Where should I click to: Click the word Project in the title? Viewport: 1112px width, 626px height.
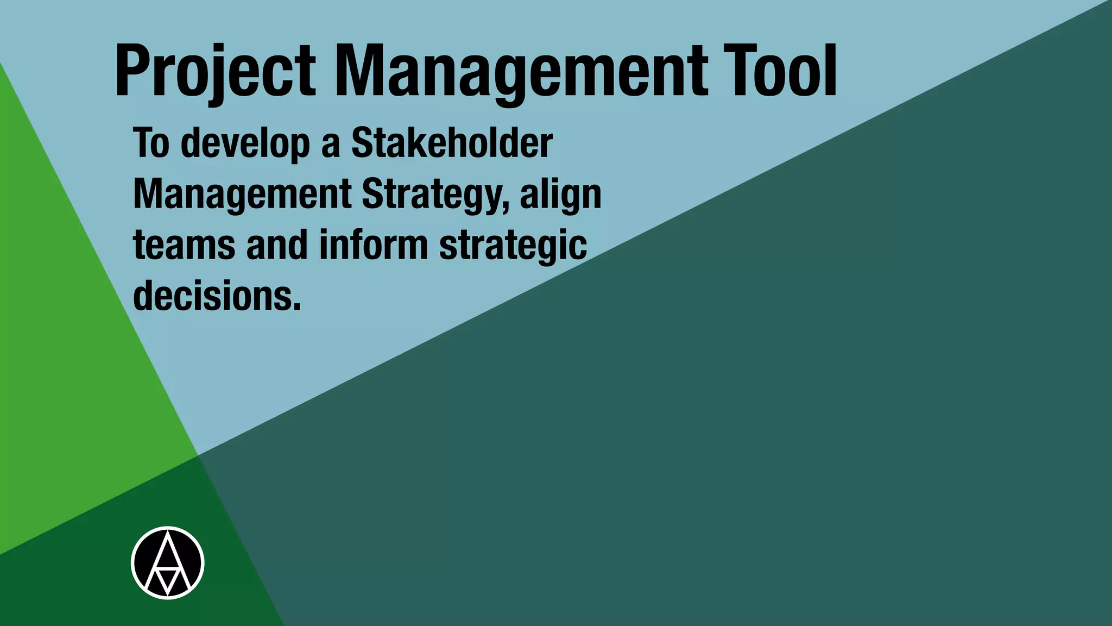pos(215,72)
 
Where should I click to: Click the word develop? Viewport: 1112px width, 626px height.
pos(245,143)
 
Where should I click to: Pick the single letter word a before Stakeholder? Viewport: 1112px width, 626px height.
pos(330,145)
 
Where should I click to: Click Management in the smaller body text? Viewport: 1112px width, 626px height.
pos(242,195)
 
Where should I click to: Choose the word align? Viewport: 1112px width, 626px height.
pos(560,195)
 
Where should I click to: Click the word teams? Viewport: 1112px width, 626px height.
pos(184,245)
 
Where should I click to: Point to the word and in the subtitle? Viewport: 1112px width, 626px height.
pos(277,245)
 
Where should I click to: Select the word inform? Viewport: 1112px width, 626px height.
pos(374,245)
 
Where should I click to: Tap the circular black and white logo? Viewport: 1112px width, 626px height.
pos(168,563)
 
